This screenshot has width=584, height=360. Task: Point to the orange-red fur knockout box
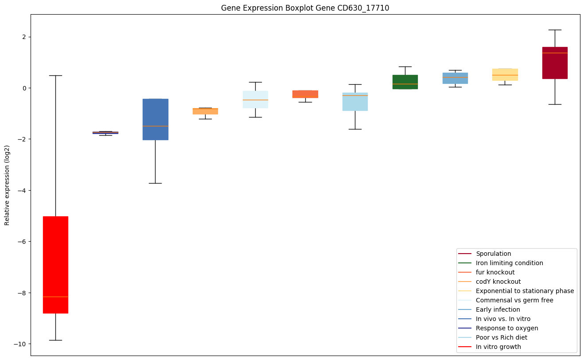pos(305,94)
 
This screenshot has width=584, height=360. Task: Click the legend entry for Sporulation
pos(493,254)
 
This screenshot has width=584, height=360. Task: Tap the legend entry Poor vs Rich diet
pos(501,338)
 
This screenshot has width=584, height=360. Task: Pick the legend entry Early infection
pos(498,310)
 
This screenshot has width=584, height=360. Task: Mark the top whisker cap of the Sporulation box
pos(555,30)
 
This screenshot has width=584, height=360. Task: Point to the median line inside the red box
pos(55,297)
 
